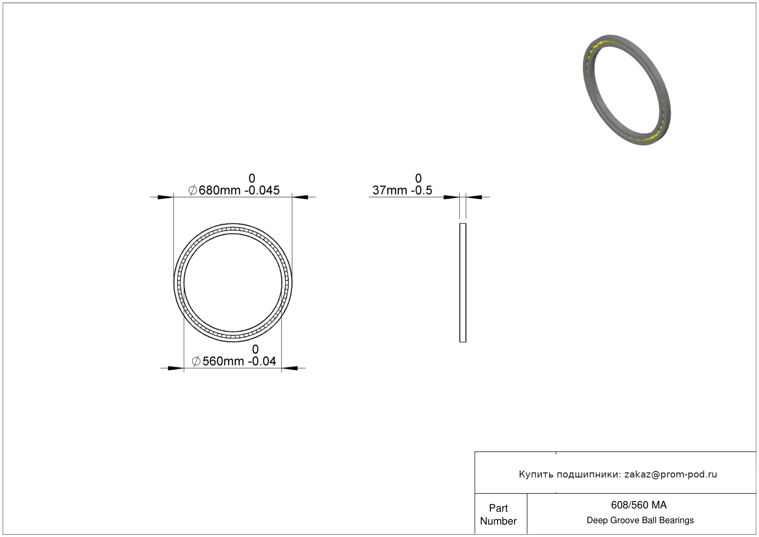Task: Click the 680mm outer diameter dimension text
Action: (x=219, y=190)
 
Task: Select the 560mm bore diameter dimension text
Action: (x=223, y=361)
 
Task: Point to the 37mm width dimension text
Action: (x=390, y=190)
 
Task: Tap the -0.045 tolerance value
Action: (x=262, y=190)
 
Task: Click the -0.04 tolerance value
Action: (x=262, y=361)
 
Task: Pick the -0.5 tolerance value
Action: (x=421, y=190)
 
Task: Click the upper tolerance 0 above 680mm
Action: (x=252, y=179)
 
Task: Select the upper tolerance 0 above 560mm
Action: (x=255, y=349)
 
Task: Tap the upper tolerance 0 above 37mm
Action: (x=419, y=179)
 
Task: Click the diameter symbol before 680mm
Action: (x=192, y=190)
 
